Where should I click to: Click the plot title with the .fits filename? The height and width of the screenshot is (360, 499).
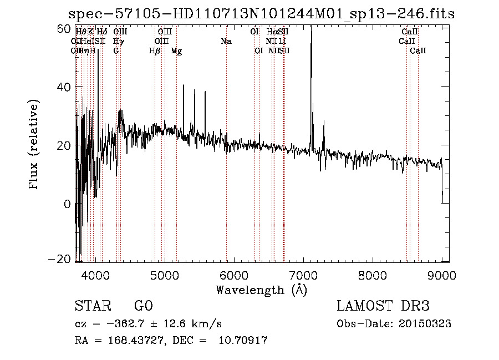(261, 13)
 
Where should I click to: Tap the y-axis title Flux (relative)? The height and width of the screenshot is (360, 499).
(34, 145)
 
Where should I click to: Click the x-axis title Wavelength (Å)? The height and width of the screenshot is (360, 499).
(261, 290)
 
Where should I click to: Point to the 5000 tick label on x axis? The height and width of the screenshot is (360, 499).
(164, 276)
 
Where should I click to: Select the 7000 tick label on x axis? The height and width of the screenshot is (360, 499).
(303, 276)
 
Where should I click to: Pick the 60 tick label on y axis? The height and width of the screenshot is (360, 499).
(65, 28)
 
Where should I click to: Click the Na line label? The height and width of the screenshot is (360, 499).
(226, 42)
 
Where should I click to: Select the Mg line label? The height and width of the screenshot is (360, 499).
(176, 51)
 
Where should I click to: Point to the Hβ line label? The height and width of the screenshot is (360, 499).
(155, 51)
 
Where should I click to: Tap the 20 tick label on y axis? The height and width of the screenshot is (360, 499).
(65, 145)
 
